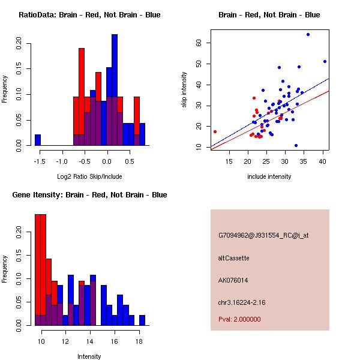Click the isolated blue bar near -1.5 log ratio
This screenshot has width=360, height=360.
(x=38, y=140)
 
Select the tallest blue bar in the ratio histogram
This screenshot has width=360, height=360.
(x=114, y=90)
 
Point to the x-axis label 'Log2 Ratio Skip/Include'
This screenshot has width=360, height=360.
(x=90, y=176)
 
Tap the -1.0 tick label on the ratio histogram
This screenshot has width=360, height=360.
(x=62, y=161)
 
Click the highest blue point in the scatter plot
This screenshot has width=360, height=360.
(x=308, y=34)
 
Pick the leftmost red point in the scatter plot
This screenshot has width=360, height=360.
(x=215, y=131)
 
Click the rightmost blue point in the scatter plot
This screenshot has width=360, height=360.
(x=325, y=61)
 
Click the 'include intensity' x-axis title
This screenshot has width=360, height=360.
(x=269, y=176)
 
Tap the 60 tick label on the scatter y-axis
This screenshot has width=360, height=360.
(x=206, y=43)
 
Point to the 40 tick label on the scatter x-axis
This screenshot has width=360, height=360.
(x=323, y=161)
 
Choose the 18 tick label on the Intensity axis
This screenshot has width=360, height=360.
(x=139, y=341)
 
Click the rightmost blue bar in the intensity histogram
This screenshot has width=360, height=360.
(x=142, y=320)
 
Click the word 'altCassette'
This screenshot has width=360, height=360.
(x=234, y=258)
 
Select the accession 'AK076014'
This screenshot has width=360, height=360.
(x=233, y=280)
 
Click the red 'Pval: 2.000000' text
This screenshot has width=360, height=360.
(x=239, y=319)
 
